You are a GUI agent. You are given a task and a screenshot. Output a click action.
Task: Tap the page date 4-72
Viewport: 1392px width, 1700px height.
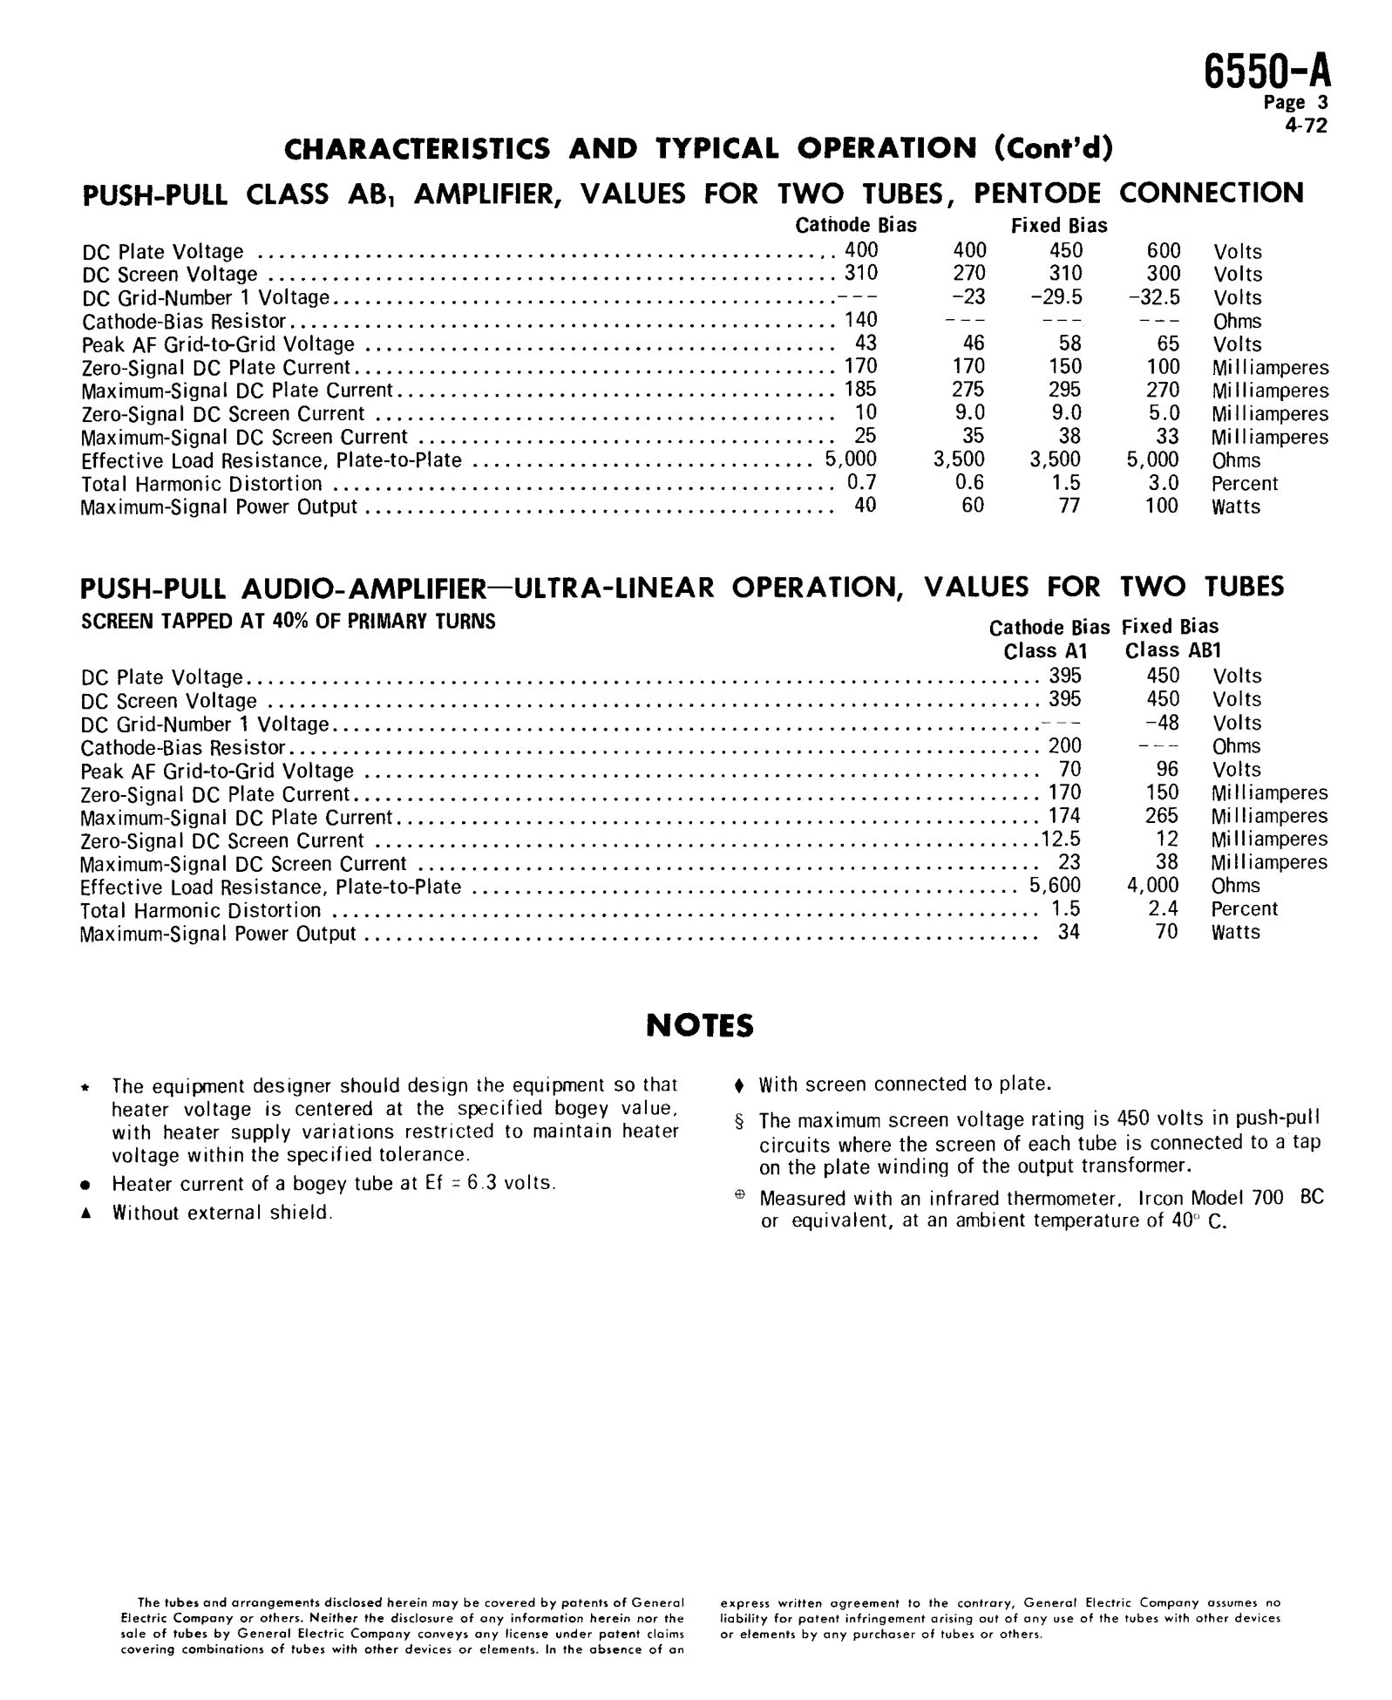pos(1306,126)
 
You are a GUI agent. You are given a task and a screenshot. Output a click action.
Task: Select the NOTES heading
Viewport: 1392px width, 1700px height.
pos(699,1026)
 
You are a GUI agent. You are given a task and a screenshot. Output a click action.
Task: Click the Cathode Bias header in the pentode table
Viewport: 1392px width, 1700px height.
pos(855,226)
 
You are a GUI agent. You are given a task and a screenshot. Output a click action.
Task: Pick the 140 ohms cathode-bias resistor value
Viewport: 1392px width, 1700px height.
pos(860,320)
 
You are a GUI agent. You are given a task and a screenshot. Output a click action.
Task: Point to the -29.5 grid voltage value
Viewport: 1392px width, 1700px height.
pos(1056,297)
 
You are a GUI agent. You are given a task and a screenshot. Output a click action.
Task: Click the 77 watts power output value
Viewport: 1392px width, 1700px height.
pos(1069,507)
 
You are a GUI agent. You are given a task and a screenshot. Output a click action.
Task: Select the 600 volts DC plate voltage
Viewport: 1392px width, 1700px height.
pos(1163,251)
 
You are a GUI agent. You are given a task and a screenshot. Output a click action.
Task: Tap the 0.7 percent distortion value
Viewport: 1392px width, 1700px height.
pos(861,483)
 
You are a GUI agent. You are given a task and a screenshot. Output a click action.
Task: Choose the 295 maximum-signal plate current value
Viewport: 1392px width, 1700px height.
pos(1064,390)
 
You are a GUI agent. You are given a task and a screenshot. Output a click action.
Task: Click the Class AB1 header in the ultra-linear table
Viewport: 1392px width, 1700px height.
pos(1172,650)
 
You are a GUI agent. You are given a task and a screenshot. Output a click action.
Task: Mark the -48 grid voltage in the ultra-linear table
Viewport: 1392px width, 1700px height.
pos(1162,723)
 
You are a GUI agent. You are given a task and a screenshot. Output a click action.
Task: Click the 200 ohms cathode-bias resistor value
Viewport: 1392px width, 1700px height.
pos(1064,746)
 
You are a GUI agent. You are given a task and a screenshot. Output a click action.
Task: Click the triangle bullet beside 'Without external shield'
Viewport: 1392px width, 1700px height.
pos(85,1214)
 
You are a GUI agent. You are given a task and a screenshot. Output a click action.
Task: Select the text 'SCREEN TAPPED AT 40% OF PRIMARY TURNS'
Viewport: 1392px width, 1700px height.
pos(288,622)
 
